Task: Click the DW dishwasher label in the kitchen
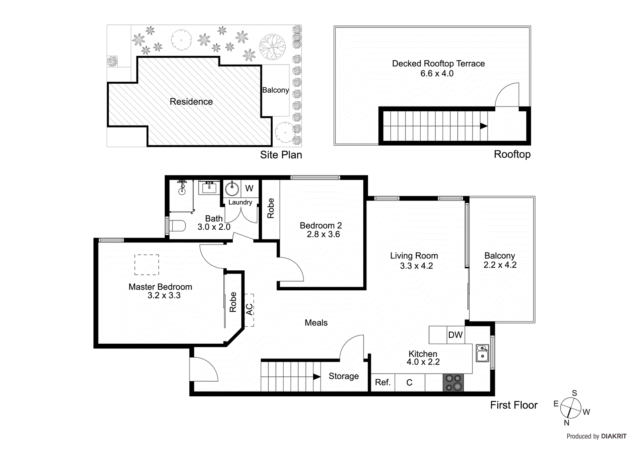point(455,335)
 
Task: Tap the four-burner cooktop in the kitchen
point(454,382)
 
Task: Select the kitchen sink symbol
point(482,353)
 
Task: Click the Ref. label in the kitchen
point(382,382)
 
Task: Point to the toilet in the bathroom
point(177,226)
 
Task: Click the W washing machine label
point(249,189)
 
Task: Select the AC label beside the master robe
point(249,309)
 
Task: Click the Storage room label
point(343,376)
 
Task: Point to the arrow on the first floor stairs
point(317,376)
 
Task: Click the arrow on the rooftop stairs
point(484,126)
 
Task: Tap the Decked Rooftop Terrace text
point(438,64)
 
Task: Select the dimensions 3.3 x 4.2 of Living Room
point(416,266)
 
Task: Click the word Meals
point(316,323)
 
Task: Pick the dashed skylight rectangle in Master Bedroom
point(147,265)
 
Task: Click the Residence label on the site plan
point(191,102)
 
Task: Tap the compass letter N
point(566,423)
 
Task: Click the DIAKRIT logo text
point(614,436)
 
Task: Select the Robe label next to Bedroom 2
point(271,208)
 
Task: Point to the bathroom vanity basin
point(209,187)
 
